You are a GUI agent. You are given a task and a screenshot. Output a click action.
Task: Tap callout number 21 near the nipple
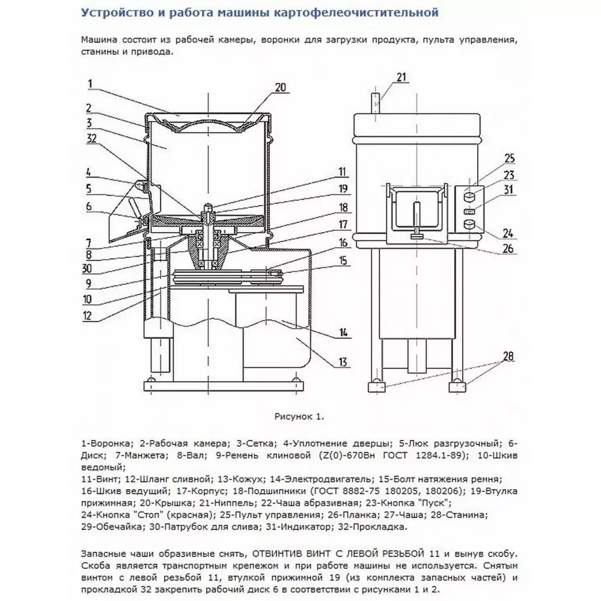click(x=401, y=77)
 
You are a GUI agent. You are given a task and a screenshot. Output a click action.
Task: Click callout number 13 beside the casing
click(x=343, y=362)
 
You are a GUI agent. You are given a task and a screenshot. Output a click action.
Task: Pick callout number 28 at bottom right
click(x=508, y=356)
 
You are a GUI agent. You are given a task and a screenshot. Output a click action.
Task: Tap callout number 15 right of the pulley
click(x=343, y=261)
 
